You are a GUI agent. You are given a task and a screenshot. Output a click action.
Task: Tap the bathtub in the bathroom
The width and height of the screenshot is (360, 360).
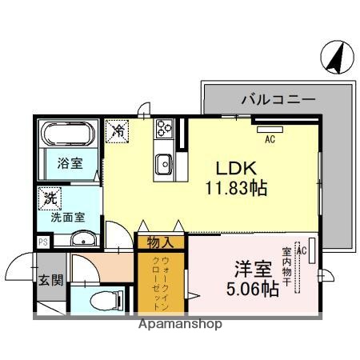[68, 134]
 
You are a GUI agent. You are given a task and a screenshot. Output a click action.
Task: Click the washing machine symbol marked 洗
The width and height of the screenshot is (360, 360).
[50, 197]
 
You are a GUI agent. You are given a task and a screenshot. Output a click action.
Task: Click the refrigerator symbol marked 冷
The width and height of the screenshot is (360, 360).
[118, 130]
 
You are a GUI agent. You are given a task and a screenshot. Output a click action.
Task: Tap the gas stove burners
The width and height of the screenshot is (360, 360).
[165, 128]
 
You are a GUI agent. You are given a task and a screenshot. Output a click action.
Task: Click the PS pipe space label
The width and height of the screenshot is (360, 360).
[42, 240]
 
